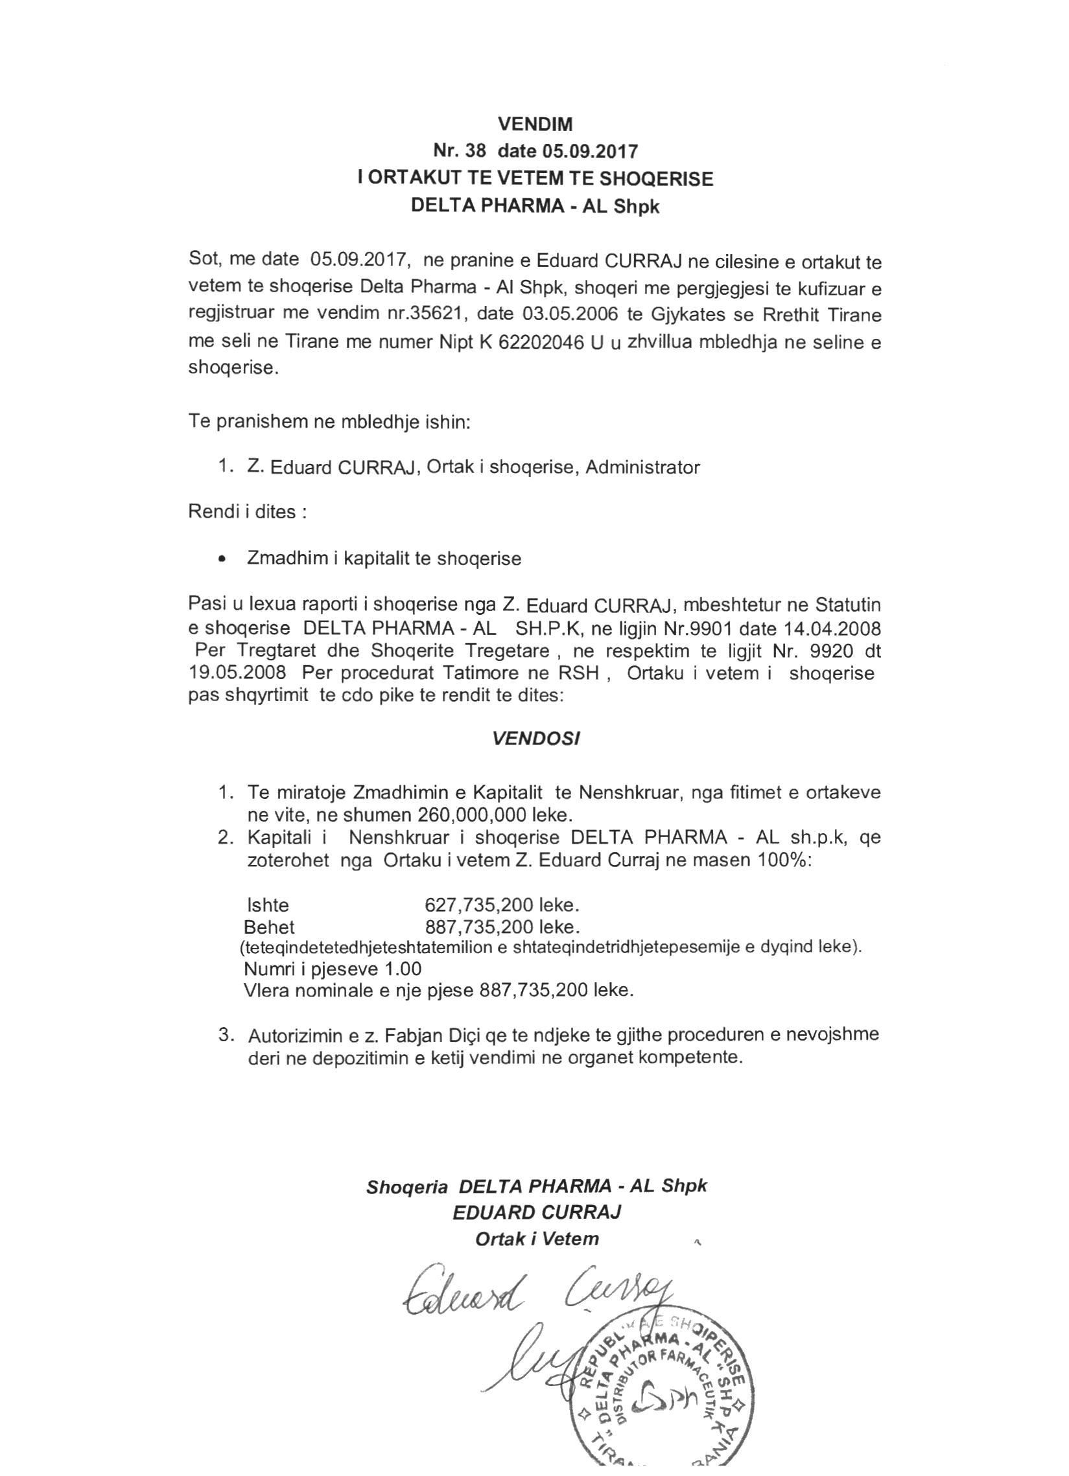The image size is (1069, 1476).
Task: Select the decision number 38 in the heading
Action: [x=475, y=151]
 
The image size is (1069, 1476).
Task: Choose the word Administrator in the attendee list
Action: [x=642, y=467]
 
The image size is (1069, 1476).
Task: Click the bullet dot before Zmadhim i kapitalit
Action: [x=223, y=559]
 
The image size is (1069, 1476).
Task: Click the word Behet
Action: [x=269, y=927]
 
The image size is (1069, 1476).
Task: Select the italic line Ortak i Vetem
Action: [x=537, y=1239]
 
